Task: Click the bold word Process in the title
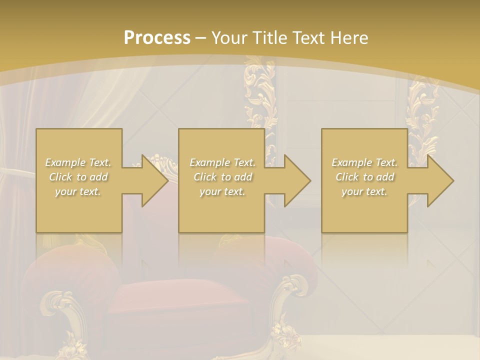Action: (x=157, y=38)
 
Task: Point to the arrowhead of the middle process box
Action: (x=296, y=180)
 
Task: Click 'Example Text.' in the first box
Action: (x=78, y=162)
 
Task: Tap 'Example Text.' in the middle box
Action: (x=222, y=162)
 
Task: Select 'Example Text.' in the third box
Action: (x=364, y=162)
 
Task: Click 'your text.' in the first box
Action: (x=78, y=191)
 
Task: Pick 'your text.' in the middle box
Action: (x=222, y=191)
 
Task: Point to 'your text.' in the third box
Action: (x=364, y=191)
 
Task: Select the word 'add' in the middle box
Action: (x=243, y=177)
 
